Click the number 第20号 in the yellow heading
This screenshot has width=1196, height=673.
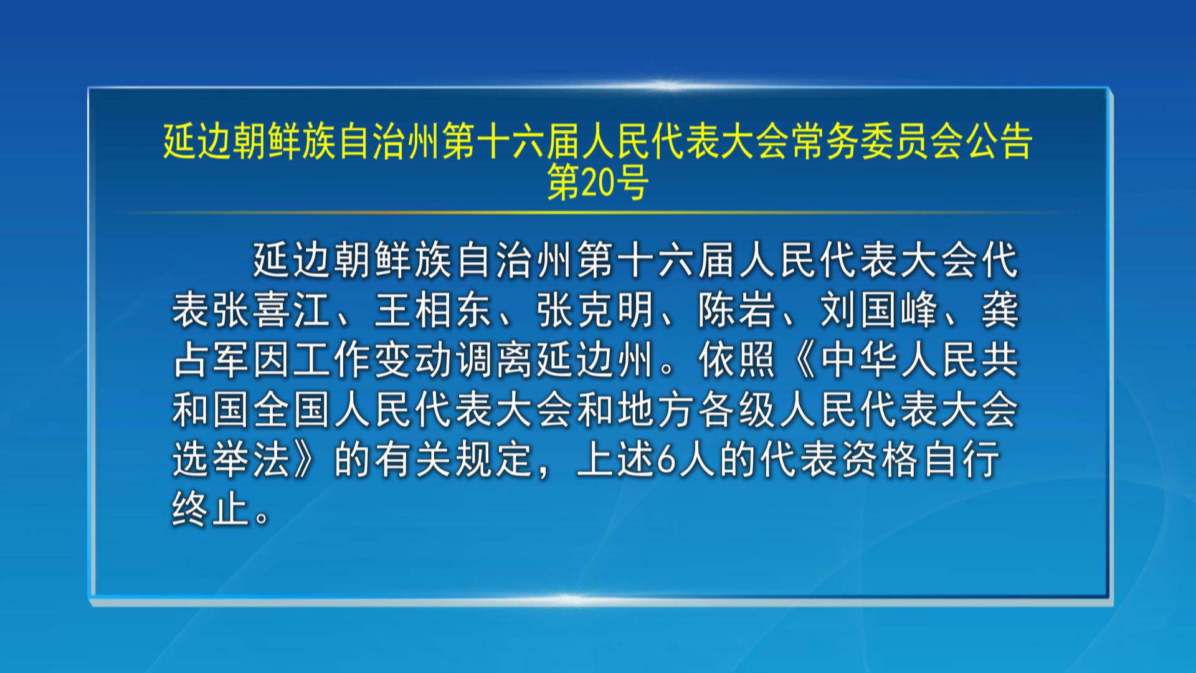click(x=598, y=183)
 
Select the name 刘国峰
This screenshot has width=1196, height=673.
click(x=879, y=310)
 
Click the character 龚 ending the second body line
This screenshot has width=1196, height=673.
click(x=1000, y=310)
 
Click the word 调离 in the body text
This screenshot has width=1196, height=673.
click(x=494, y=360)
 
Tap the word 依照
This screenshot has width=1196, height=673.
click(x=737, y=360)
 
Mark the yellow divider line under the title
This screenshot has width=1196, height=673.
click(x=597, y=212)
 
